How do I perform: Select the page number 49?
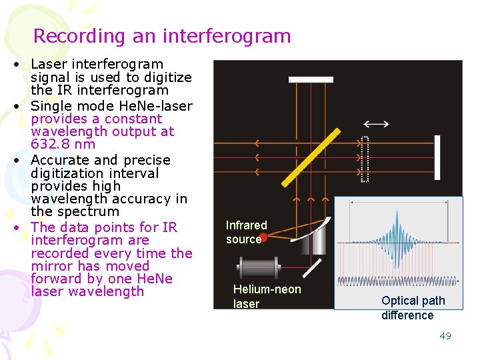tap(445, 336)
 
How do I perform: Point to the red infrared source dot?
tap(263, 237)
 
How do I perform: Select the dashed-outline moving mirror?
tap(363, 159)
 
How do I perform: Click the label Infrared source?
tap(246, 232)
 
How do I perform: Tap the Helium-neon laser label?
tap(267, 296)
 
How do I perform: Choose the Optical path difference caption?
tap(413, 308)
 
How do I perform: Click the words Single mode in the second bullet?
tap(69, 106)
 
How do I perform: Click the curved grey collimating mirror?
tap(316, 233)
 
